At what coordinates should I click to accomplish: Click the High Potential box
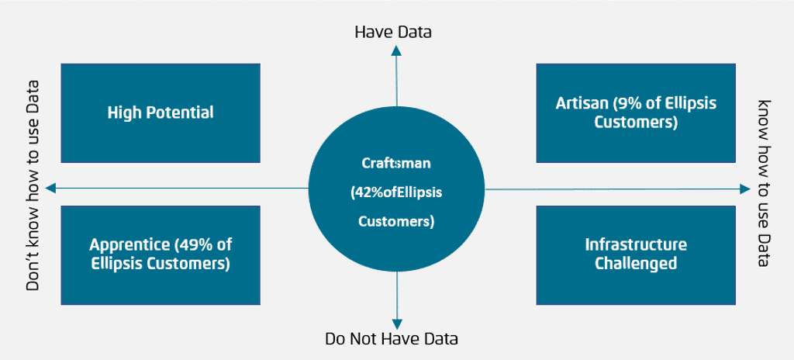point(161,113)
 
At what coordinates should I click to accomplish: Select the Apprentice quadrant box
point(161,254)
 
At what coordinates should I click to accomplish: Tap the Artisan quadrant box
point(636,113)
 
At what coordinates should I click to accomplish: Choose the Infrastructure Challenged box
point(636,254)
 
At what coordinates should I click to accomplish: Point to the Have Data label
point(393,32)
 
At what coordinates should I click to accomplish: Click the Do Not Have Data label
point(392,339)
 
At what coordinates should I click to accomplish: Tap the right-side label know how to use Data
point(764,183)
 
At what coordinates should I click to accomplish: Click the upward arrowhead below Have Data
point(396,50)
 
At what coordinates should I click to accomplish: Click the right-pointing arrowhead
point(745,189)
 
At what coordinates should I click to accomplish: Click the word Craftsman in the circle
point(396,164)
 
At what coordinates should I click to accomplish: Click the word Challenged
point(636,264)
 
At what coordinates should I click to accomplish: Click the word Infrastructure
point(636,245)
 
